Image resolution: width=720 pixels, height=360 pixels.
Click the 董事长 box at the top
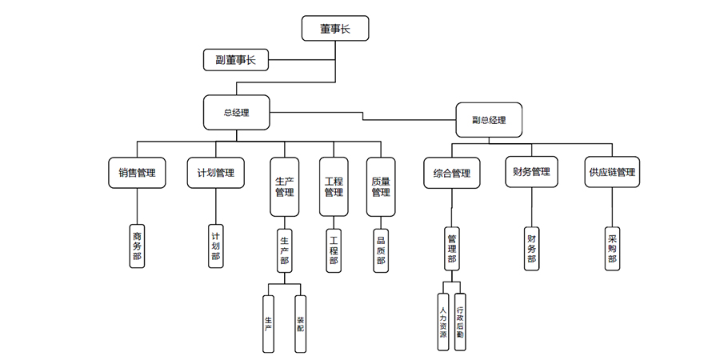pyautogui.click(x=335, y=29)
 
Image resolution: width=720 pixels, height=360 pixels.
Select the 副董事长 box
pyautogui.click(x=235, y=59)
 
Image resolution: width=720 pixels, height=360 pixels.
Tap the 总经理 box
pyautogui.click(x=236, y=112)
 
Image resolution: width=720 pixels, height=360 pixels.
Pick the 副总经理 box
pyautogui.click(x=489, y=120)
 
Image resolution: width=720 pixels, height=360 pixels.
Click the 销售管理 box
pyautogui.click(x=137, y=172)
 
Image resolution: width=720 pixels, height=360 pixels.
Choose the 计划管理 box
pyautogui.click(x=215, y=172)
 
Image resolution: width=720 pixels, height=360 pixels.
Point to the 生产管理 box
pyautogui.click(x=284, y=186)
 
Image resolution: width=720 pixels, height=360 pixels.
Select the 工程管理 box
pyautogui.click(x=334, y=186)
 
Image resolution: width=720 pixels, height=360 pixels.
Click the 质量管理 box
pyautogui.click(x=381, y=186)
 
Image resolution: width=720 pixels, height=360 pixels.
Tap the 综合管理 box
pyautogui.click(x=452, y=173)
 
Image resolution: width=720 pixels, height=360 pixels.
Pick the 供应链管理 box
pyautogui.click(x=612, y=172)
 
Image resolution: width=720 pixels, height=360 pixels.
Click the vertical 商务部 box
pyautogui.click(x=137, y=246)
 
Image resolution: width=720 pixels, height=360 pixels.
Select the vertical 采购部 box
pyautogui.click(x=613, y=248)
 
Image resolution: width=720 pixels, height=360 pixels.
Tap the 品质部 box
pyautogui.click(x=381, y=250)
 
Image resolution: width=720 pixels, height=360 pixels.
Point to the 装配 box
pyautogui.click(x=300, y=323)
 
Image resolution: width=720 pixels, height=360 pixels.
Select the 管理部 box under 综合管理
pyautogui.click(x=452, y=248)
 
